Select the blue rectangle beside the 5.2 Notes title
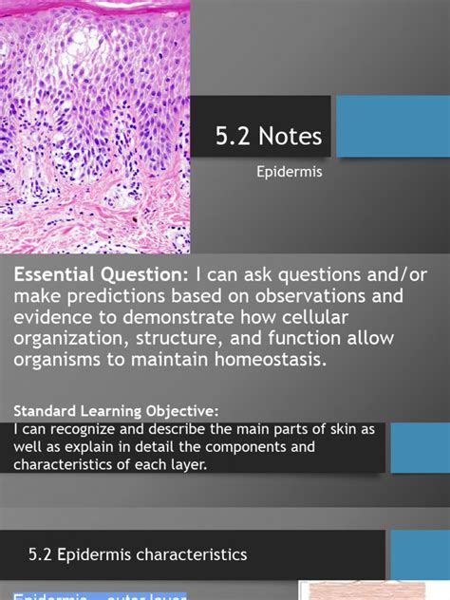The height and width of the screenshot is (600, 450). [393, 126]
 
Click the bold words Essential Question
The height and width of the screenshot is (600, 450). [100, 274]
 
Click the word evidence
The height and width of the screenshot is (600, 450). [52, 318]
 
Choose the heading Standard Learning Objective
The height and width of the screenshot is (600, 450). [116, 411]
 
